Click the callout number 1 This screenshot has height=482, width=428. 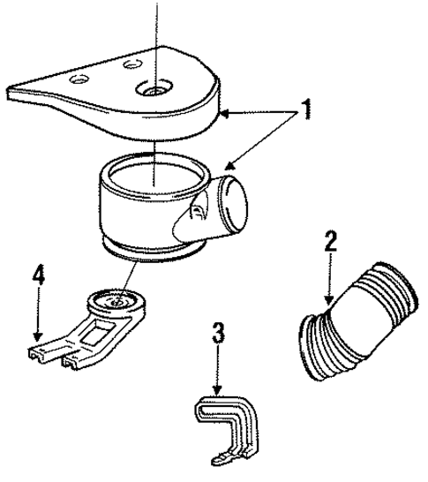305,109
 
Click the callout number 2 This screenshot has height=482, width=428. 330,241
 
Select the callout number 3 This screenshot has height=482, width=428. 219,333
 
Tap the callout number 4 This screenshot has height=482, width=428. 39,274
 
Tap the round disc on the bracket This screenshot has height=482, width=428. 116,302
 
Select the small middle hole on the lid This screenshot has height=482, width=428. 132,64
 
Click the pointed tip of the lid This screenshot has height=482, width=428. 9,92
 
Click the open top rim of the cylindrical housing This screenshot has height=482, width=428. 156,176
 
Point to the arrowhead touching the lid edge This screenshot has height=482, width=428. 225,115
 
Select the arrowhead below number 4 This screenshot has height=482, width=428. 38,336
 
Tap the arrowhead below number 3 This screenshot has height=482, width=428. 218,390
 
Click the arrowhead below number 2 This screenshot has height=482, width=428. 329,299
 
